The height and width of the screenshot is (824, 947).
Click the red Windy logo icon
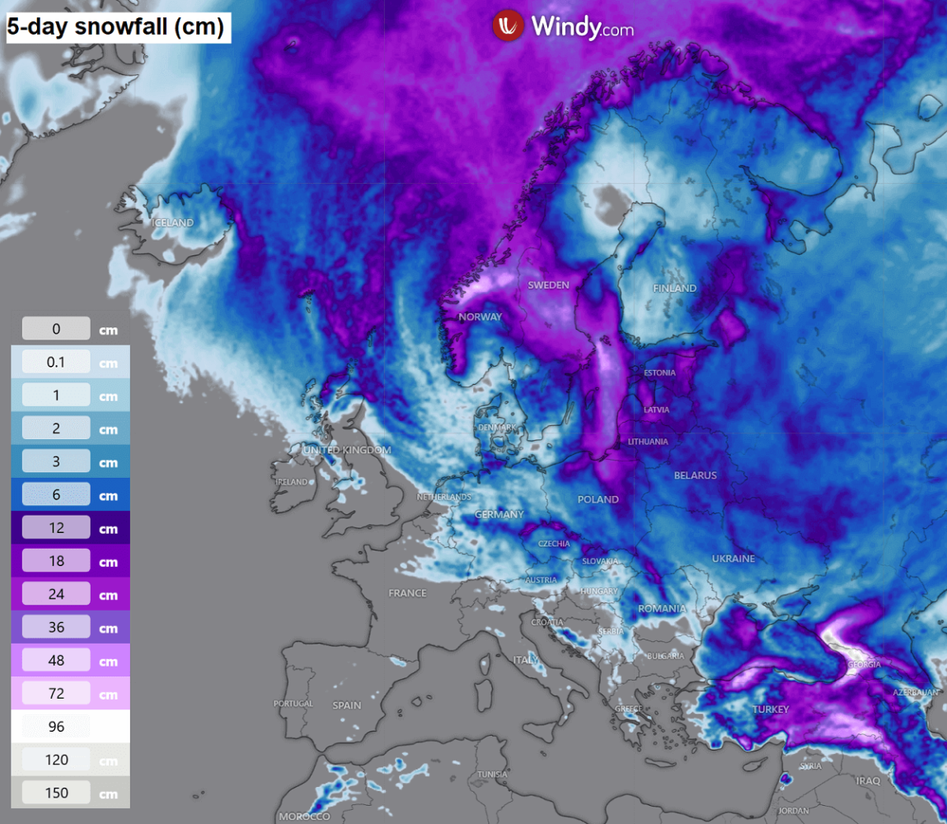click(x=509, y=26)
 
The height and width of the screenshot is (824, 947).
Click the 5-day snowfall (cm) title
click(x=115, y=27)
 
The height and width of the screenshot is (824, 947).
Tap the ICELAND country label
click(x=172, y=222)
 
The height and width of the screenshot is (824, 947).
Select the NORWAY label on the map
click(x=480, y=316)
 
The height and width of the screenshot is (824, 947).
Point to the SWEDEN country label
click(x=548, y=284)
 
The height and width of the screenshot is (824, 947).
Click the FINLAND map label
click(x=674, y=288)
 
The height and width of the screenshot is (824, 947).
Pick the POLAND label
click(x=598, y=499)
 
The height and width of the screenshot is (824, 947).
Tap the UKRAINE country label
click(x=733, y=559)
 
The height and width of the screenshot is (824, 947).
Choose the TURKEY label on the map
click(x=771, y=709)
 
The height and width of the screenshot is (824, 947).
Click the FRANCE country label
click(x=407, y=592)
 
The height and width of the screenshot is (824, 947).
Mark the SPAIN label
click(x=347, y=705)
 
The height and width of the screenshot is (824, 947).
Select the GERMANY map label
click(x=499, y=514)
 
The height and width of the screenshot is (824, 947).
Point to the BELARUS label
click(x=695, y=475)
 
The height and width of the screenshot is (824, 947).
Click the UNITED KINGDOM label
click(x=346, y=450)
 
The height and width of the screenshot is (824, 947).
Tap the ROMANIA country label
click(x=661, y=609)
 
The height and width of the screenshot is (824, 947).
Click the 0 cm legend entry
click(x=56, y=329)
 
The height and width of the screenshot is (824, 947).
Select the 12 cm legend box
click(x=56, y=528)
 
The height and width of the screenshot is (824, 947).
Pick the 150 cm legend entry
click(x=56, y=793)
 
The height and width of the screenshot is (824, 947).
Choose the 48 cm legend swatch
click(x=56, y=661)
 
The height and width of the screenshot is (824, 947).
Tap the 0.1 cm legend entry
click(x=56, y=362)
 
